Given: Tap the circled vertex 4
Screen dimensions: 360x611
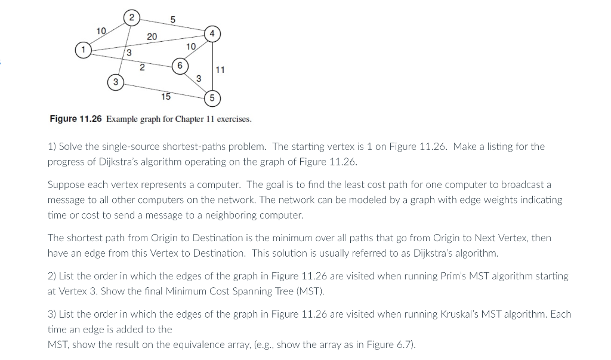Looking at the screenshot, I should pos(212,33).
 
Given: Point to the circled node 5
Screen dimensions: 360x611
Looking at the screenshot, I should pos(212,98).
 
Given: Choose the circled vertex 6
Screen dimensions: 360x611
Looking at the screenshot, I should pos(178,64).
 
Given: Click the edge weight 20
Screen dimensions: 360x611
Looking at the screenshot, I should pos(152,37).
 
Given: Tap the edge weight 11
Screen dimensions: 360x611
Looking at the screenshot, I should pos(220,70).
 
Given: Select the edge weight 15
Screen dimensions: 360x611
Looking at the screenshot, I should pos(166,96).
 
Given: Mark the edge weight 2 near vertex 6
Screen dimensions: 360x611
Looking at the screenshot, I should pos(142,67).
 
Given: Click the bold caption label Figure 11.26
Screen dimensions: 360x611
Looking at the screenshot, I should pos(76,119).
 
